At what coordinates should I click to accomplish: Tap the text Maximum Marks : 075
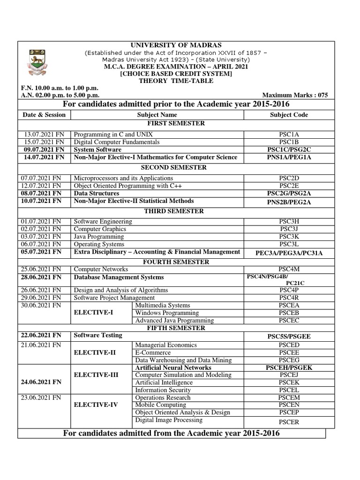[295, 95]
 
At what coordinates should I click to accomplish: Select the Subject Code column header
[289, 114]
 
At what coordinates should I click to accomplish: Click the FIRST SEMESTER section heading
[176, 123]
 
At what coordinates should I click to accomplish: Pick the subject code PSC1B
[289, 142]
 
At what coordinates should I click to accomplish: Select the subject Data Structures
[97, 193]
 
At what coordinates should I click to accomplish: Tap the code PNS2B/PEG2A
[289, 202]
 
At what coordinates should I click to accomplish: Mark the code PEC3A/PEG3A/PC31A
[289, 253]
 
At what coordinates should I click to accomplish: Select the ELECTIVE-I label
[99, 312]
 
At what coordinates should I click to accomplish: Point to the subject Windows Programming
[167, 313]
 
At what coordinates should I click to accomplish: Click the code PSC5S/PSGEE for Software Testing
[289, 336]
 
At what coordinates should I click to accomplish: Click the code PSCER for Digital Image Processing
[289, 422]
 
